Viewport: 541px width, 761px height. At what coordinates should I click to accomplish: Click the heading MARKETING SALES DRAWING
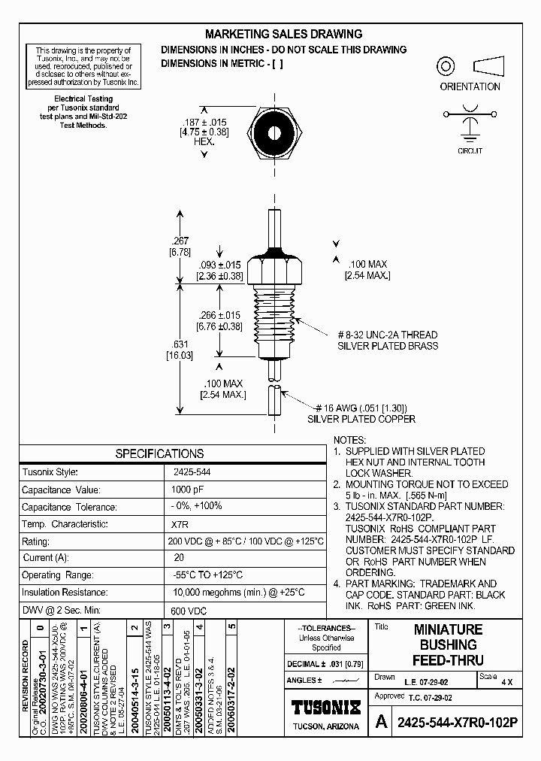coord(283,34)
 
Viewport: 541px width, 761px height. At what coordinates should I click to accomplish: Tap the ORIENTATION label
coord(470,86)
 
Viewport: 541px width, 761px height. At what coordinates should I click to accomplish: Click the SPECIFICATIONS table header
coord(159,453)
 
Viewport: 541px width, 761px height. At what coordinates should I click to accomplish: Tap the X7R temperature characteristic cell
coord(180,524)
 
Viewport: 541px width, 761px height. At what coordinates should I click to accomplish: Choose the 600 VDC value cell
coord(187,611)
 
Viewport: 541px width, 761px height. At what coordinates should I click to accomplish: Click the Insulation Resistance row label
coord(65,593)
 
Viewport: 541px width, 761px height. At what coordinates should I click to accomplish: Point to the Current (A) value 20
coord(179,558)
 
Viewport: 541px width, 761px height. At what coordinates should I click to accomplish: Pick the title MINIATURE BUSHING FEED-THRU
coord(448,644)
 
